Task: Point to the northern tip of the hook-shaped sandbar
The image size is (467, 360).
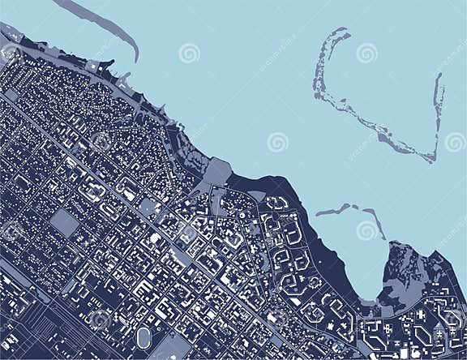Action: [x=346, y=32]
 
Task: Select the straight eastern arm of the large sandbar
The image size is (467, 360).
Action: [x=438, y=114]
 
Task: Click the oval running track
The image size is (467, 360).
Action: [x=144, y=336]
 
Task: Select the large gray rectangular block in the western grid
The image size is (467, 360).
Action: [x=65, y=221]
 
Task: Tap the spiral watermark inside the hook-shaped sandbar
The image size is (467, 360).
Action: [x=366, y=54]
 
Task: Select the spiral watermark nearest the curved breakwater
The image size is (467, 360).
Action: [x=190, y=54]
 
